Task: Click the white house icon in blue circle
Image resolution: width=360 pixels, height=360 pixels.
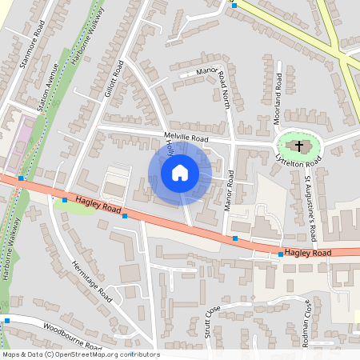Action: (180, 172)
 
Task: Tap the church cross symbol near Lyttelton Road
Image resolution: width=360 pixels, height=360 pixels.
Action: (299, 146)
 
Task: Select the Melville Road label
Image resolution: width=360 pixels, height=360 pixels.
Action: (186, 138)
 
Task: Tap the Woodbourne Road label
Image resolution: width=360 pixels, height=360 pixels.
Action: (72, 336)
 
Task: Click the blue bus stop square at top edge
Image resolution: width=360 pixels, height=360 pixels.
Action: (234, 5)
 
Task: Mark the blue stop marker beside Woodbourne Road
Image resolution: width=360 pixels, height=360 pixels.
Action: (6, 321)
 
